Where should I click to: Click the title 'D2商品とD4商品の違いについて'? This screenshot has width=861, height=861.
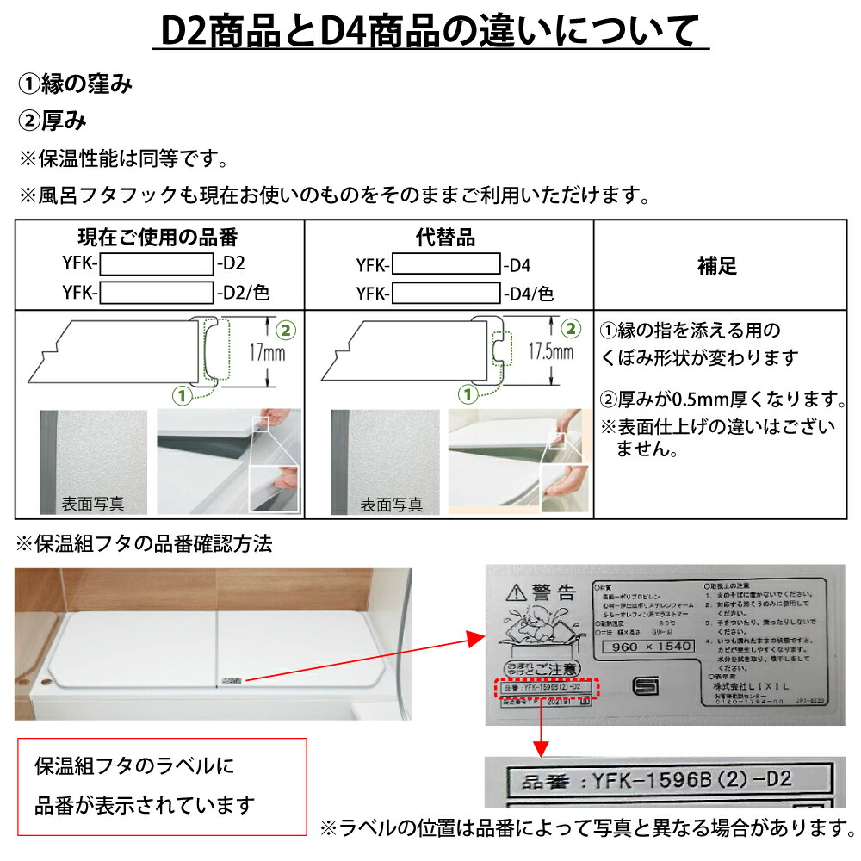(x=430, y=33)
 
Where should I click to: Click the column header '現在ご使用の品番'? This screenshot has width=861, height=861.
(x=158, y=237)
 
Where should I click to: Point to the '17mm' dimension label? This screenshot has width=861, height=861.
(x=269, y=353)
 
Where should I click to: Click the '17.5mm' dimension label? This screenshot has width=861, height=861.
(x=551, y=353)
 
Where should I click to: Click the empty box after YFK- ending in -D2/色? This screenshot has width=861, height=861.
(x=157, y=294)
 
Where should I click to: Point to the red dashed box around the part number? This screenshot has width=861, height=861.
(x=546, y=688)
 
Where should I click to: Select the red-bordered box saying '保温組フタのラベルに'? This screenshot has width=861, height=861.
(x=163, y=786)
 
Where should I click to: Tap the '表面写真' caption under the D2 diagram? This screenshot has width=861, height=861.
(x=93, y=505)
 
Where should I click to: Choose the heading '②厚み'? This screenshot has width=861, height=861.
(x=53, y=121)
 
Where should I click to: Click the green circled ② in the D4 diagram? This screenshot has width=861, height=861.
(x=570, y=328)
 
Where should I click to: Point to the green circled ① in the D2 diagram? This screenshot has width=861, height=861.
(x=181, y=395)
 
